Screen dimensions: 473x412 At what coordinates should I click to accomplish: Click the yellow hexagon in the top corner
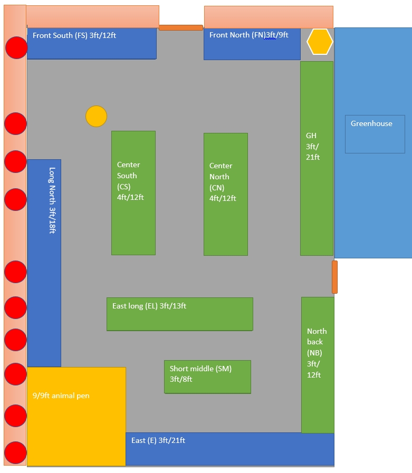tap(320, 41)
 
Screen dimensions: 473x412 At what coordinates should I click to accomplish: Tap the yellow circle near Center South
tap(97, 117)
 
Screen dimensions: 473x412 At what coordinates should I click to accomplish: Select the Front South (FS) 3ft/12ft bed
tap(92, 43)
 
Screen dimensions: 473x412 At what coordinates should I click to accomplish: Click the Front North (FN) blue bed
tap(252, 44)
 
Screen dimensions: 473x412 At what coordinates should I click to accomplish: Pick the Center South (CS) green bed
tap(133, 193)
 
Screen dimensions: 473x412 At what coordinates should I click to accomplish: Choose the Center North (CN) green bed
tap(226, 194)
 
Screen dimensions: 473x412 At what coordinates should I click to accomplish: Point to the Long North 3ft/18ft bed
tap(44, 263)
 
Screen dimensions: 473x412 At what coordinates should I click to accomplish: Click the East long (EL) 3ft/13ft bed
tap(180, 314)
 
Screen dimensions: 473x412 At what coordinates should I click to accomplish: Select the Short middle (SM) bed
tap(207, 377)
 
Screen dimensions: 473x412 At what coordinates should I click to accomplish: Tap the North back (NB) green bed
tap(318, 365)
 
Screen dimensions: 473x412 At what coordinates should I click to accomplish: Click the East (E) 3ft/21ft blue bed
tap(229, 449)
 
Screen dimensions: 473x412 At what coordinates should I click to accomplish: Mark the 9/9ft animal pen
tap(76, 416)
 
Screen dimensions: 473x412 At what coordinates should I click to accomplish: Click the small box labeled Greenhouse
tap(375, 134)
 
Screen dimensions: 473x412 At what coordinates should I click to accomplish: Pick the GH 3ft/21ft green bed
tap(317, 158)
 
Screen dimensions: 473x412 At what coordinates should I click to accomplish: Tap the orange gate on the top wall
tap(181, 27)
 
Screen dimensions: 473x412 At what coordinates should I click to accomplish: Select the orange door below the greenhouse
tap(334, 277)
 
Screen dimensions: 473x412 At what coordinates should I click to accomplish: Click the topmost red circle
tap(16, 48)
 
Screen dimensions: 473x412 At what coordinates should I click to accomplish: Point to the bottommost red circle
tap(16, 453)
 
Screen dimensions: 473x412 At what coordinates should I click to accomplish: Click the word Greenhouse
tap(371, 123)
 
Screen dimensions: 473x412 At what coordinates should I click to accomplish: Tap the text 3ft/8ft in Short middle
tap(181, 379)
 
